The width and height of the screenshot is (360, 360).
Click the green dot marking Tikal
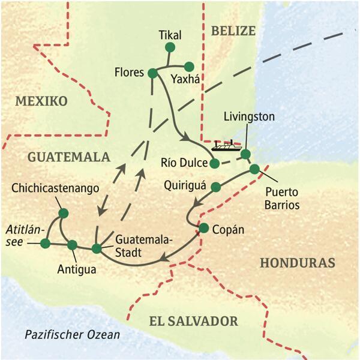pos(170,47)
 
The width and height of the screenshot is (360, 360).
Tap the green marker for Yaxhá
pos(189,67)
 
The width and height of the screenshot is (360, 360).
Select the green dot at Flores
pos(152,73)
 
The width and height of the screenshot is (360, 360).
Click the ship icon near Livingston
pos(226,145)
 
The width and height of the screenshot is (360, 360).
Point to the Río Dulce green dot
pos(214,163)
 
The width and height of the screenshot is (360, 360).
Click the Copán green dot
pos(203,228)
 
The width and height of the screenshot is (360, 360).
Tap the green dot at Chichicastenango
pos(63,213)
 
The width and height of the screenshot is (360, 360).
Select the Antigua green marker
pos(73,245)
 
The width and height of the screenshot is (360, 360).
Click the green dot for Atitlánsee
pos(45,243)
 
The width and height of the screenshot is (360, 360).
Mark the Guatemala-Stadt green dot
pos(97,248)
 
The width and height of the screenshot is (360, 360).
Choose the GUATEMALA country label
pos(68,157)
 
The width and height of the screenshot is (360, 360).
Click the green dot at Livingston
pos(245,154)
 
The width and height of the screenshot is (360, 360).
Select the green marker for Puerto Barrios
pos(254,169)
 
